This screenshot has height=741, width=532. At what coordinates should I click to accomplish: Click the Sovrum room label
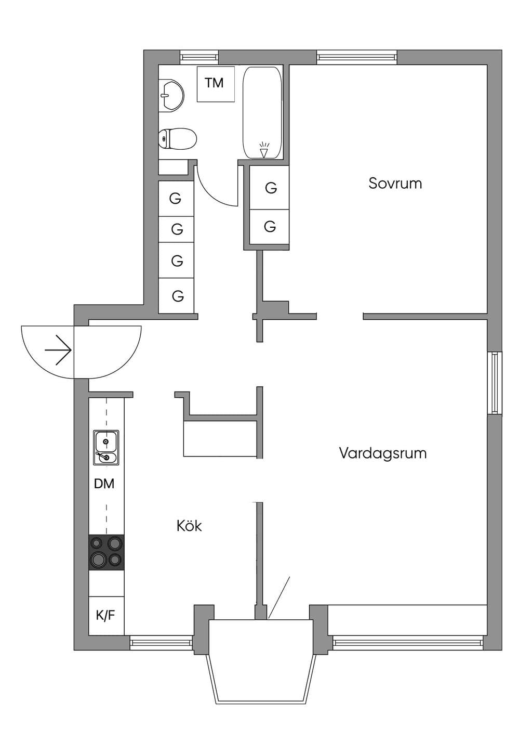point(395,183)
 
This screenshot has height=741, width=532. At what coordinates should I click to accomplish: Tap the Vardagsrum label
point(383,453)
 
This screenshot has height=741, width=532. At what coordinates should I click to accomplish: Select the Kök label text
point(189,526)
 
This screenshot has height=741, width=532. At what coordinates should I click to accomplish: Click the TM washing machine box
point(216,84)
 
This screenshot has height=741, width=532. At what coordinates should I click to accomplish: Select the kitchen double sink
point(106,448)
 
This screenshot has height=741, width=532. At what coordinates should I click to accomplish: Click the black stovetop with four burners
point(107,552)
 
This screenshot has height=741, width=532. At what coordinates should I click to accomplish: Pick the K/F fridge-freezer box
point(107,615)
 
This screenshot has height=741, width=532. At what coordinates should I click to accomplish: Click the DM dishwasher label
point(104,484)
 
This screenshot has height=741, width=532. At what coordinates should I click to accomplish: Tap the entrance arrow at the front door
point(58,350)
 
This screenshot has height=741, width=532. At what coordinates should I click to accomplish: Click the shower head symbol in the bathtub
point(263,150)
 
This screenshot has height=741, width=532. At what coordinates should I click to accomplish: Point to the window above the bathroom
point(199,57)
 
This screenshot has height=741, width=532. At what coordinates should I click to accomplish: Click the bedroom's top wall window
point(357,57)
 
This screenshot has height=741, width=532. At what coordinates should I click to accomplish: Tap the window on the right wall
point(495,383)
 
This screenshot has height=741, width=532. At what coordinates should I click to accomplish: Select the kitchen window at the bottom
point(161,642)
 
